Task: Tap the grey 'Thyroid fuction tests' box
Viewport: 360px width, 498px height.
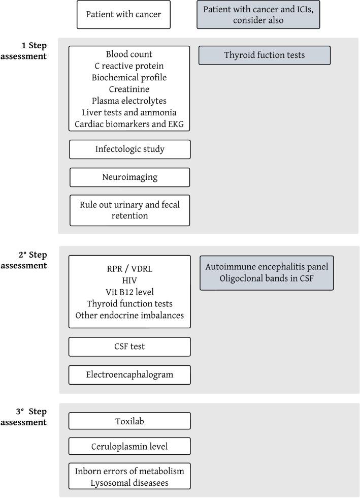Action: [x=264, y=55]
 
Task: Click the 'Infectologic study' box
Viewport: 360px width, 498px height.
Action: [x=129, y=149]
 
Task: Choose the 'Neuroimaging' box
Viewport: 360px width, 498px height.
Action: [x=129, y=177]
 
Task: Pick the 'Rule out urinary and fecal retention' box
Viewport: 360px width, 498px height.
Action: [x=129, y=210]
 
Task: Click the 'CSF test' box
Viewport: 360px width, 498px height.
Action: [x=129, y=347]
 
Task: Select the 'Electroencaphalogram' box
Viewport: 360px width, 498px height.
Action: [x=129, y=375]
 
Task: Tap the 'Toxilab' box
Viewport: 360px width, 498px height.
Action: [x=129, y=421]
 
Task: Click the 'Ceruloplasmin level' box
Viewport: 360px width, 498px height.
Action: [x=129, y=446]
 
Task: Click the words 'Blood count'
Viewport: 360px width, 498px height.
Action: [x=129, y=54]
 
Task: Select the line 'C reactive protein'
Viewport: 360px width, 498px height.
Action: [x=129, y=66]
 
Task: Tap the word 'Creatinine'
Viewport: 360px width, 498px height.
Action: [x=129, y=88]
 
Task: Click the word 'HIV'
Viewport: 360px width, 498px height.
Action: [x=129, y=281]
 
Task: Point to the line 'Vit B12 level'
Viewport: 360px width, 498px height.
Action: [x=129, y=292]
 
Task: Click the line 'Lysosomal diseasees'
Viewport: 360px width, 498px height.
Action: [x=129, y=482]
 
